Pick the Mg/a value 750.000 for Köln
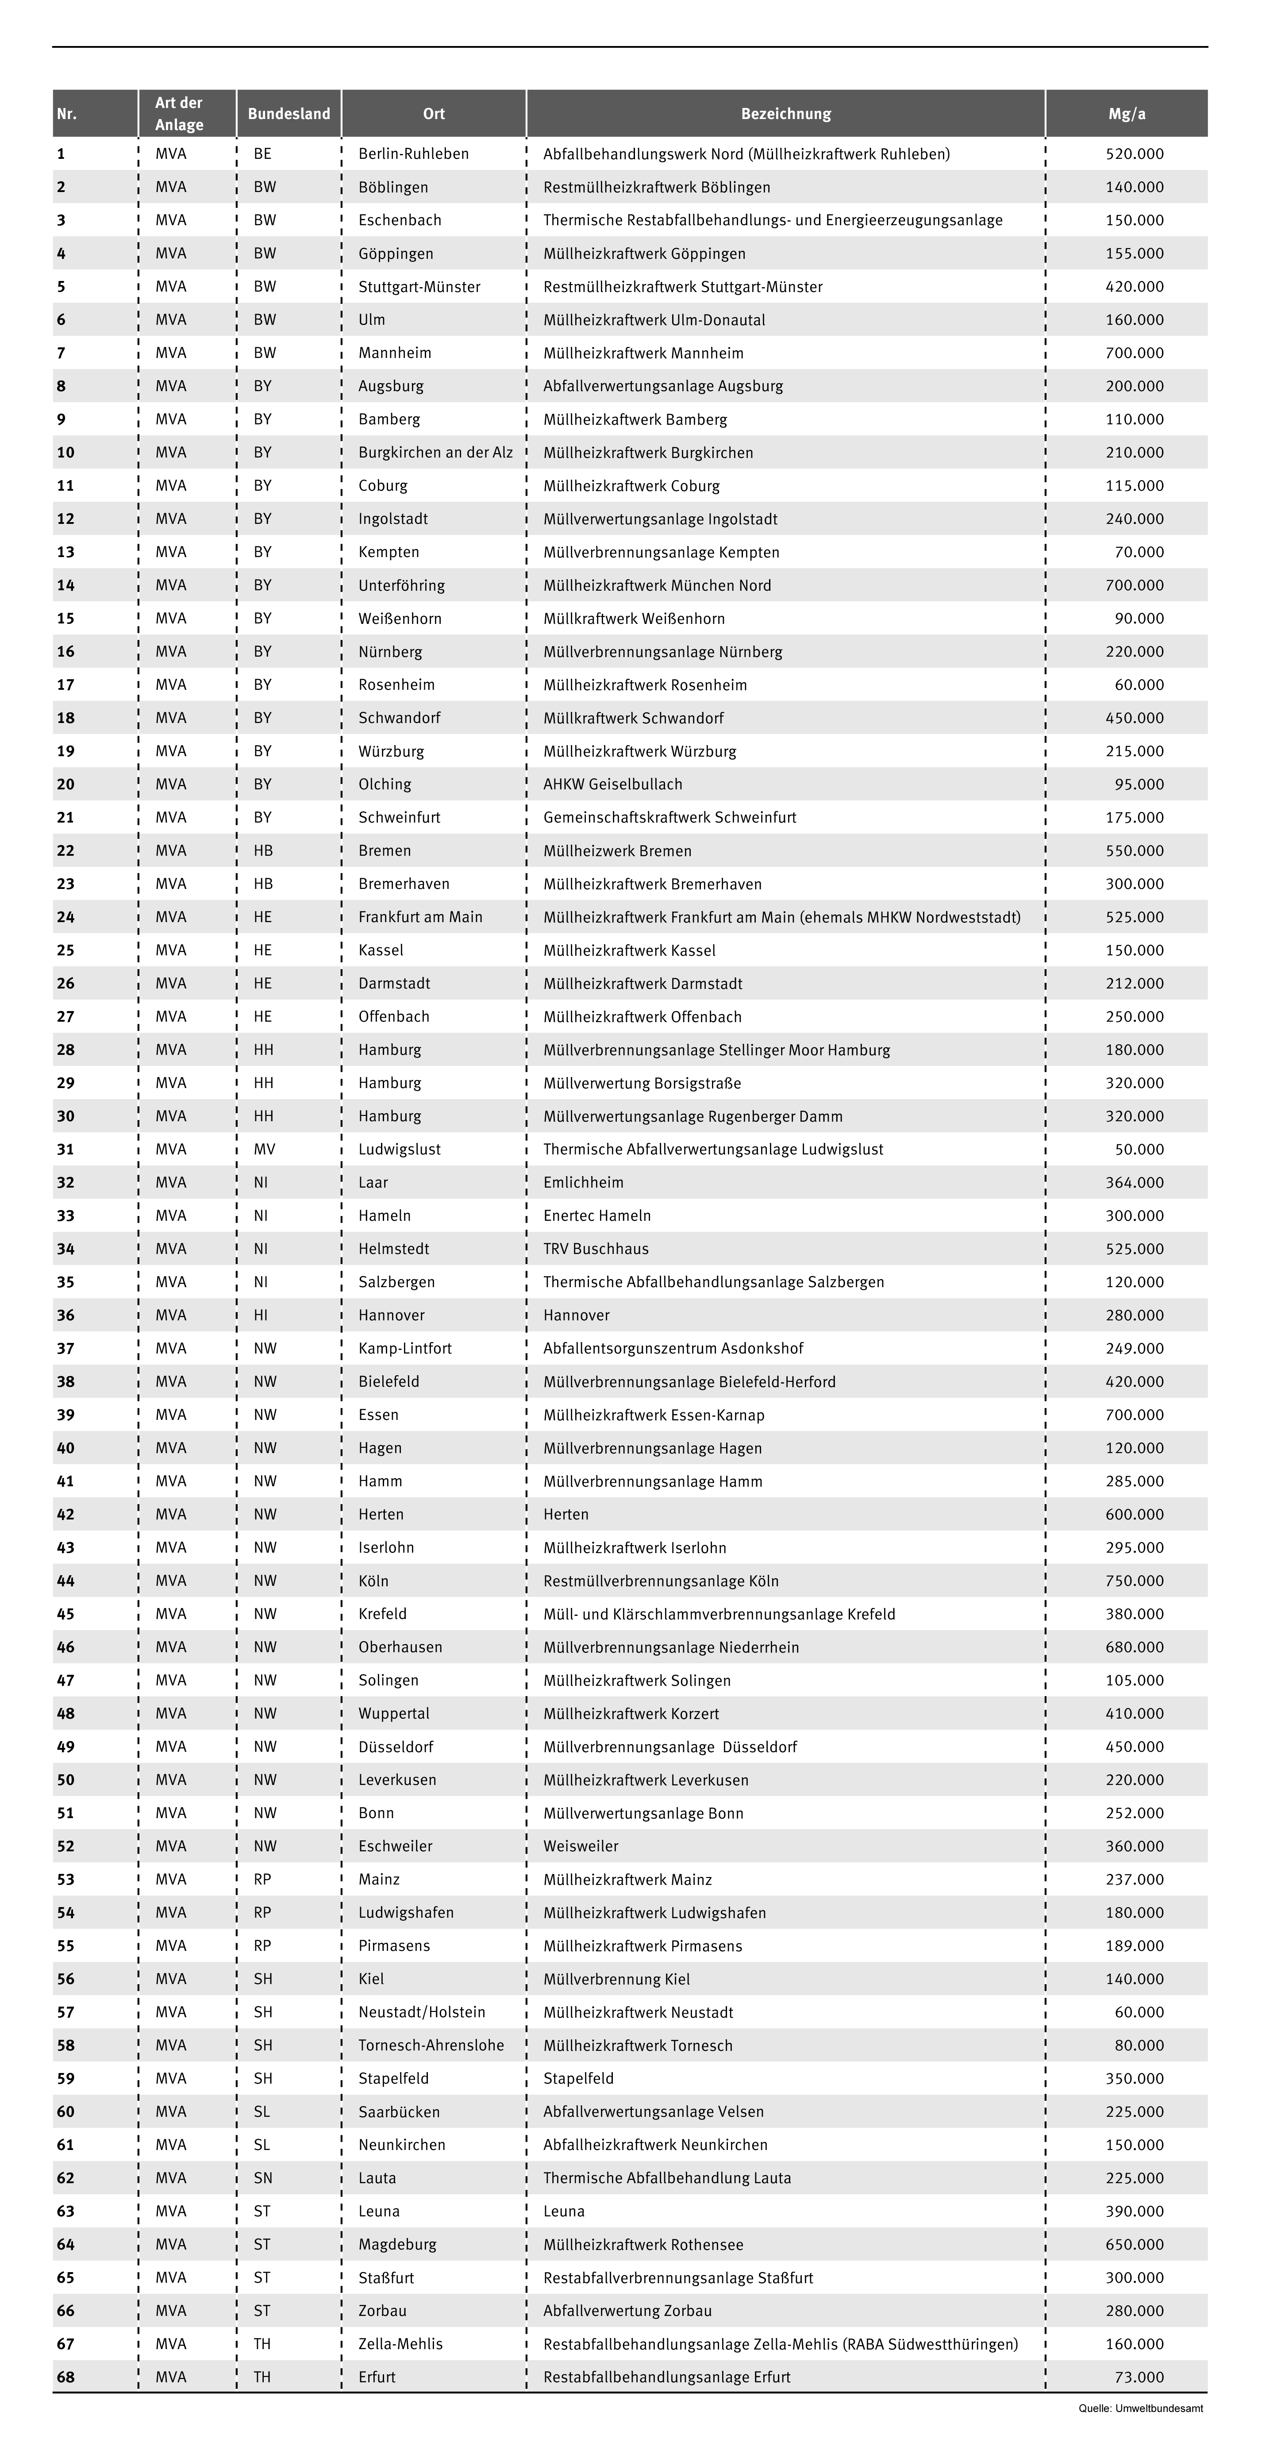coord(1135,1581)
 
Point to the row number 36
coord(65,1315)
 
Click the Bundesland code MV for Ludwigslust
coord(264,1149)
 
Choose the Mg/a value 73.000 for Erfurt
coord(1139,2377)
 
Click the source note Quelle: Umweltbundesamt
coord(1140,2408)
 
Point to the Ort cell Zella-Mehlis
coord(400,2343)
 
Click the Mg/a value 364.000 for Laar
coord(1135,1182)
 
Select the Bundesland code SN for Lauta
coord(262,2178)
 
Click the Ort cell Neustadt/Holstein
coord(421,2012)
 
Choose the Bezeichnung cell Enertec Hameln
coord(597,1215)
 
